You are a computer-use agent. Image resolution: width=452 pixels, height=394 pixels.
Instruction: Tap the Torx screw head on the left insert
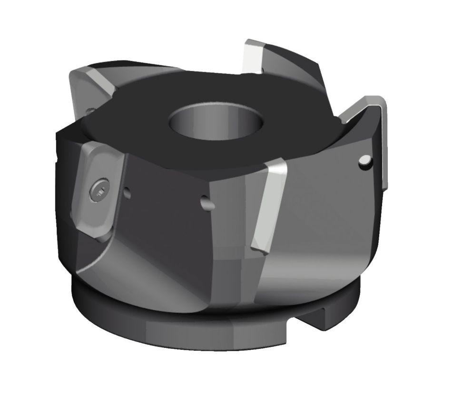pos(99,192)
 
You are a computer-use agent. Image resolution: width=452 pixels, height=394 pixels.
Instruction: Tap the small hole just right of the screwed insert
pos(127,193)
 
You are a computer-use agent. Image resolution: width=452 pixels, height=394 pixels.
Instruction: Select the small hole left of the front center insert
pos(206,204)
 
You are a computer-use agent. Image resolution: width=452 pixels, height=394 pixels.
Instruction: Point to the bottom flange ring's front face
pos(190,329)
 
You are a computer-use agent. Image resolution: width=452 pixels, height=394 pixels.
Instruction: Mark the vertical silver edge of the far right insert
pos(385,143)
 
